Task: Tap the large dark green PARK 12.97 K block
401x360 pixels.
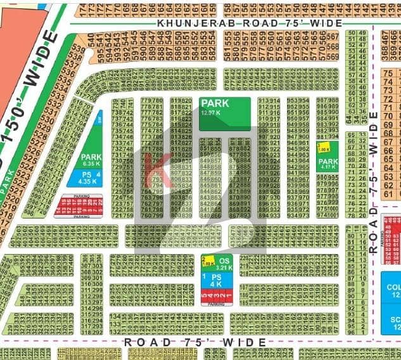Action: (224, 114)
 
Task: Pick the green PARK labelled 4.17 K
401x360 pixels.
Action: (328, 165)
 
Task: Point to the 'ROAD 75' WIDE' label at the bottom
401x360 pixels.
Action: (194, 342)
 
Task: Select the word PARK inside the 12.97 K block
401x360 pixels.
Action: (214, 103)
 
